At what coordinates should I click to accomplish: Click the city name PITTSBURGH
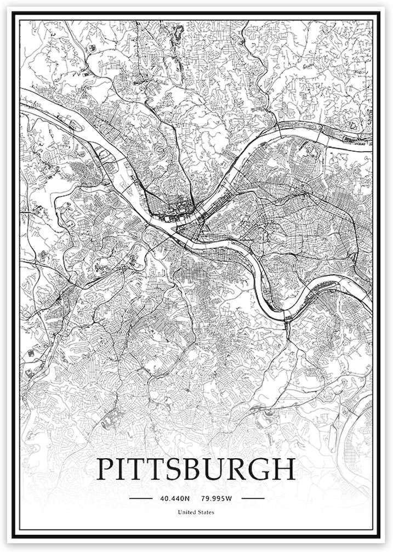pyautogui.click(x=195, y=469)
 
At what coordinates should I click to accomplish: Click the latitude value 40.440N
pyautogui.click(x=174, y=499)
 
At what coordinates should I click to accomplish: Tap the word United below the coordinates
pyautogui.click(x=186, y=513)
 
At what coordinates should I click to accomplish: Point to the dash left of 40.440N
pyautogui.click(x=140, y=499)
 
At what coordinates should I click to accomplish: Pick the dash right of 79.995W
pyautogui.click(x=252, y=499)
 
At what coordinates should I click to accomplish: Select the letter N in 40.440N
pyautogui.click(x=187, y=499)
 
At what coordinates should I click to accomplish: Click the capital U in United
pyautogui.click(x=179, y=513)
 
